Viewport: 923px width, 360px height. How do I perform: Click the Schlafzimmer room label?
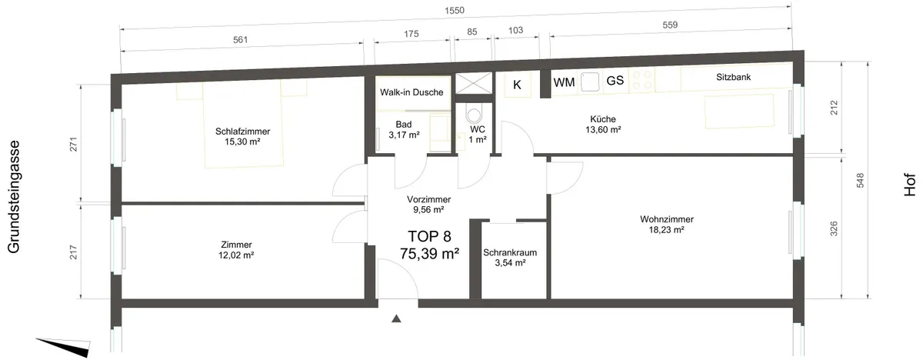(x=242, y=132)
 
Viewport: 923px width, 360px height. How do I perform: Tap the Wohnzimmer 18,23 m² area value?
(x=666, y=230)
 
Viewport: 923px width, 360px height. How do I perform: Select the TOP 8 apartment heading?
(x=429, y=236)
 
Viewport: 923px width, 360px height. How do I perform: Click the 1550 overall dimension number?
(x=455, y=10)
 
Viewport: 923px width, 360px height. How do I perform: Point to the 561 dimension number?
(x=240, y=40)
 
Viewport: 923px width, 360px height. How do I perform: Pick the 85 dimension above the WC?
(x=472, y=32)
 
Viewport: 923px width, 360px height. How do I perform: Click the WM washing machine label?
(x=564, y=82)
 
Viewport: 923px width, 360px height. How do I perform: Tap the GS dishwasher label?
(x=615, y=80)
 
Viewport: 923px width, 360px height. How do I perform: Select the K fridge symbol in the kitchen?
(x=517, y=85)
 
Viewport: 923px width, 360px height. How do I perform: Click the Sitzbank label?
(x=734, y=77)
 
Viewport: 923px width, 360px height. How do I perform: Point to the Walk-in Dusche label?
(x=412, y=92)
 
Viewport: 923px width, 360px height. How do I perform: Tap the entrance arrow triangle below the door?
(x=396, y=318)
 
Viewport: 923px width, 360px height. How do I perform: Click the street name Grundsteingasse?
(x=14, y=197)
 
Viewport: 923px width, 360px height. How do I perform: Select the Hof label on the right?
(x=910, y=185)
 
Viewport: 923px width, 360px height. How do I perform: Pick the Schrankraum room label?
(x=510, y=252)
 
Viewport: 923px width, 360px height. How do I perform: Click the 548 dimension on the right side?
(x=861, y=181)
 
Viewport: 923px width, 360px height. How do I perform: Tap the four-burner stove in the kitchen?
(x=642, y=80)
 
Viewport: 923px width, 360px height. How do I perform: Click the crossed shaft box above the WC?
(x=474, y=83)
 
